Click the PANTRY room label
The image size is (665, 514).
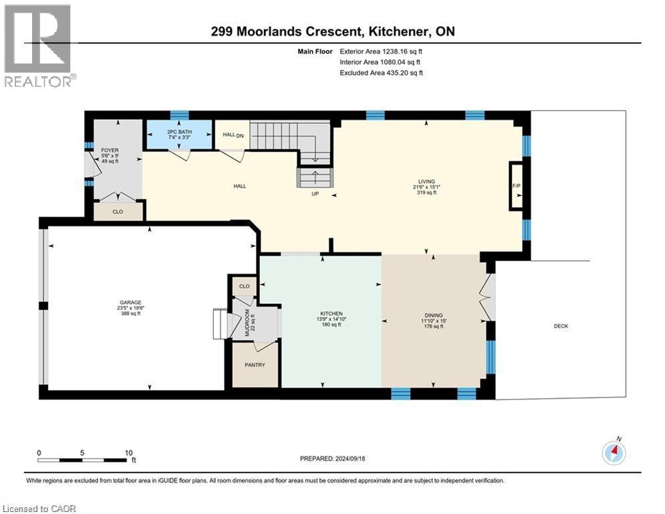point(255,365)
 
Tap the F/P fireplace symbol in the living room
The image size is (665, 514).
point(516,185)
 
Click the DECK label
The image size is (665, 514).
point(561,326)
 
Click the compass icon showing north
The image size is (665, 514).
point(614,453)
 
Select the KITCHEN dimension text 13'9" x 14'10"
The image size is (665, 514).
point(331,319)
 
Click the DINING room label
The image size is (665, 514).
point(433,315)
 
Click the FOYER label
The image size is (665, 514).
point(110,150)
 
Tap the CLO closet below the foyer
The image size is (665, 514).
point(118,211)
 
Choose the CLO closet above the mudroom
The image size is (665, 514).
point(245,286)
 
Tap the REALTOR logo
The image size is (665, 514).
point(37,46)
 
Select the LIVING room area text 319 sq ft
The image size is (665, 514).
point(426,193)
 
